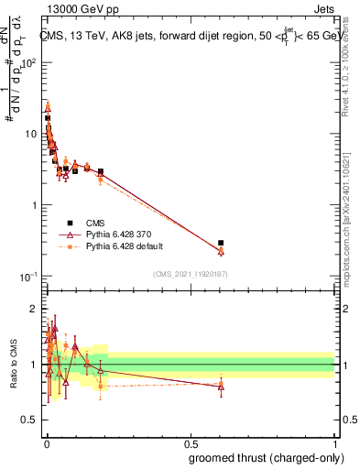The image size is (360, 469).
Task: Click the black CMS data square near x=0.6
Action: [x=221, y=244]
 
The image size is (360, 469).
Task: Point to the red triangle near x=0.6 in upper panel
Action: [x=221, y=251]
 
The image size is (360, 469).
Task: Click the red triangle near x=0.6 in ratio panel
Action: [x=221, y=386]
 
